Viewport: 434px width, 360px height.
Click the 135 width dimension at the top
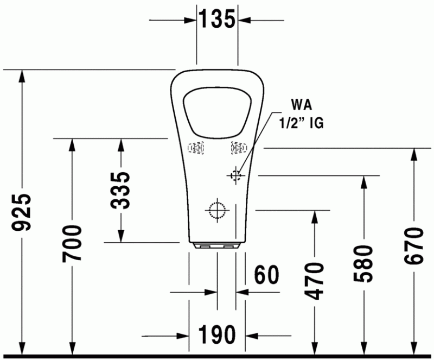(x=216, y=20)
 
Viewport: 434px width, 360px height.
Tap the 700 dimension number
(x=72, y=243)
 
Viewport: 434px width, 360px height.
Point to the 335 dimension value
(x=120, y=190)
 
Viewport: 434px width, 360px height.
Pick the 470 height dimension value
(x=315, y=280)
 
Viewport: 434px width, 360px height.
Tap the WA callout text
(x=302, y=104)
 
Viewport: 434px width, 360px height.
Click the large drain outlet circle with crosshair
(x=216, y=209)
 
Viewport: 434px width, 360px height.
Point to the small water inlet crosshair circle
(x=235, y=175)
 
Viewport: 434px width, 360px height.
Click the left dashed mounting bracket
(x=197, y=148)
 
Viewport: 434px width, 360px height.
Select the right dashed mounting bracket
(x=238, y=147)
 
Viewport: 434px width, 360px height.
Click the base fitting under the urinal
(x=217, y=245)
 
